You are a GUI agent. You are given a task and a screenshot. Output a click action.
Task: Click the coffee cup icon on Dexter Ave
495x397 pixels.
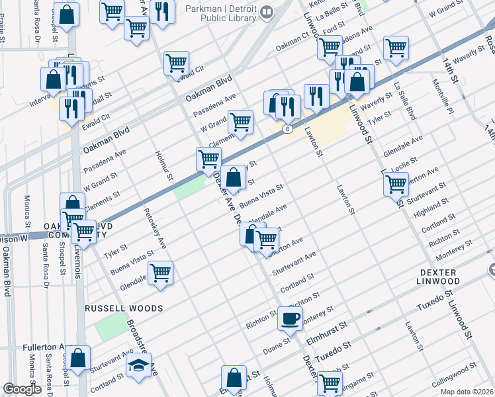point(290,319)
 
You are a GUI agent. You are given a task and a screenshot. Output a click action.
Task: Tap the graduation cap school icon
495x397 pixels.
point(138,366)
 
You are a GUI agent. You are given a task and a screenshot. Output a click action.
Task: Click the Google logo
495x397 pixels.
point(22,389)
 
